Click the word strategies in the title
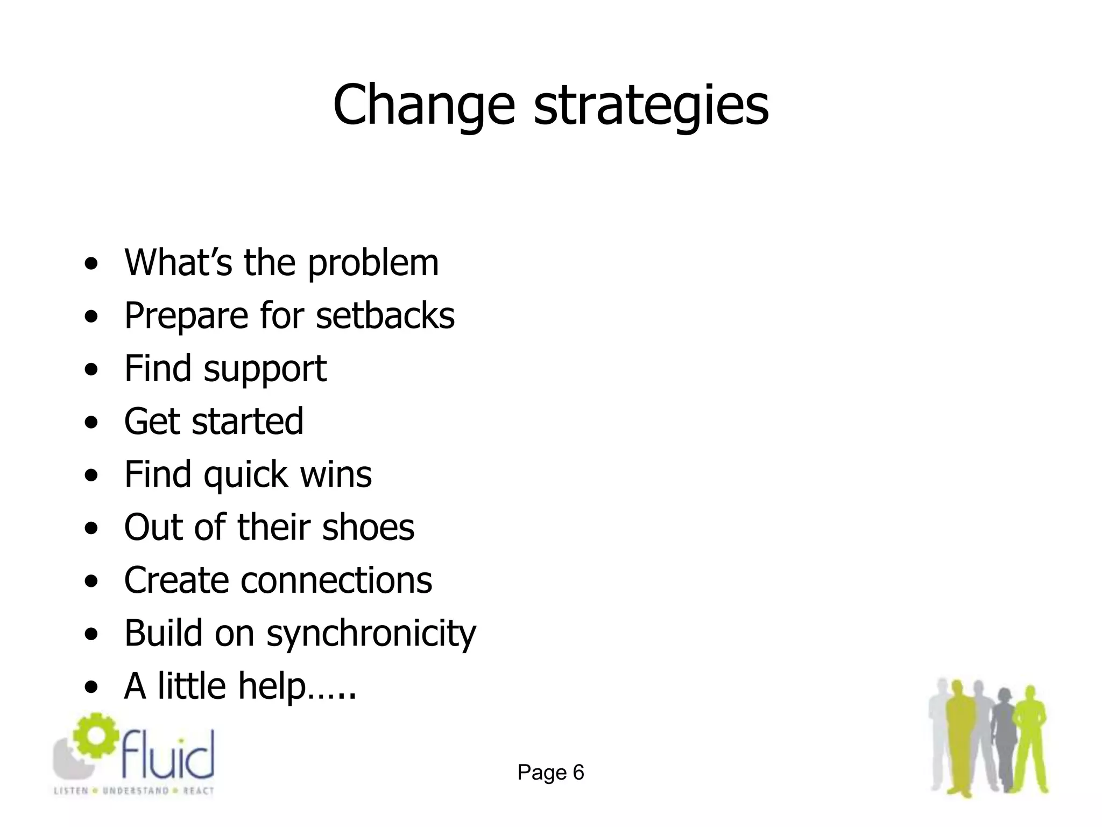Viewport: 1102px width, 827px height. click(x=651, y=105)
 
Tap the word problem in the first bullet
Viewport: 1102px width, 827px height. click(x=373, y=264)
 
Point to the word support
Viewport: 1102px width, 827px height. click(x=265, y=369)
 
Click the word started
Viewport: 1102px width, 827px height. click(x=248, y=421)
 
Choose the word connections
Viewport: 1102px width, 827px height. click(x=336, y=580)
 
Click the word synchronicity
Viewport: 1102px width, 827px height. click(x=371, y=634)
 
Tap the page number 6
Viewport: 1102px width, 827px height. click(x=578, y=773)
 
